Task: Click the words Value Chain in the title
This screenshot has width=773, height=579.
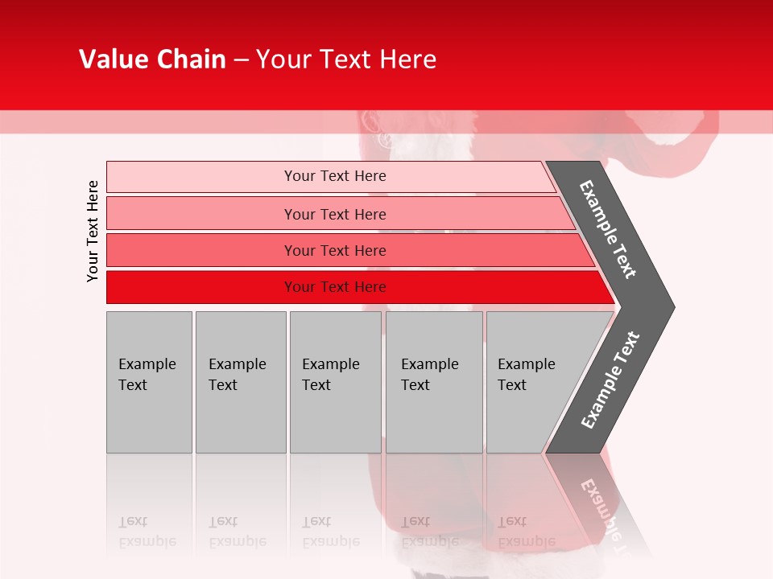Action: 152,60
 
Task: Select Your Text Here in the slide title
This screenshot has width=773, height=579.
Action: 346,60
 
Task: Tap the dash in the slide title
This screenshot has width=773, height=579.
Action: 241,60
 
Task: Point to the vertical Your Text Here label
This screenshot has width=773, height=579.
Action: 93,231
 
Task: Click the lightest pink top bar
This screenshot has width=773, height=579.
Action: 334,176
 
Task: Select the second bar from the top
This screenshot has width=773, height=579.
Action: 334,214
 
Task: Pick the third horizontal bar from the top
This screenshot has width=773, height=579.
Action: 334,250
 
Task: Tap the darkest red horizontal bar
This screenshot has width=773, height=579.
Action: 334,287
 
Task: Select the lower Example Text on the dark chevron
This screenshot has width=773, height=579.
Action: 610,380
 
